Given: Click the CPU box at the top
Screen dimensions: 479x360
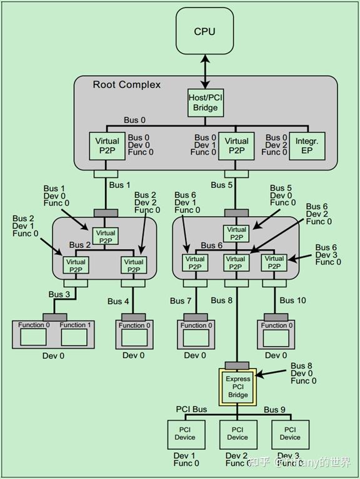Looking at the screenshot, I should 204,31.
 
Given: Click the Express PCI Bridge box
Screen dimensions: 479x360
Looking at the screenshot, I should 237,387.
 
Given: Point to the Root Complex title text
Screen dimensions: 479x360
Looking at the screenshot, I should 127,85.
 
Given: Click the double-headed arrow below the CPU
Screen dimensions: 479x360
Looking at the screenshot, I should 205,69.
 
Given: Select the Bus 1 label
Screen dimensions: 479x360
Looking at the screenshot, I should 119,185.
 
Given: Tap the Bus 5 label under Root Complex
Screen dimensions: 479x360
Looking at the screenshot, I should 222,185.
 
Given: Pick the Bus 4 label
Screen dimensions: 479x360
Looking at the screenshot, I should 118,301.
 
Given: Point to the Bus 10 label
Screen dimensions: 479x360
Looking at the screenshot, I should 292,300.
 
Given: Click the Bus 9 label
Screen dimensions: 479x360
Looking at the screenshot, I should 275,410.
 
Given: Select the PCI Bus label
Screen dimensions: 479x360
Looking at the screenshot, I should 191,410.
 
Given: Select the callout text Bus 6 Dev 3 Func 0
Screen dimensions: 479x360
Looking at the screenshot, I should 328,255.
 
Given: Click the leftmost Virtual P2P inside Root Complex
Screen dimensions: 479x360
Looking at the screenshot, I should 107,146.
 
